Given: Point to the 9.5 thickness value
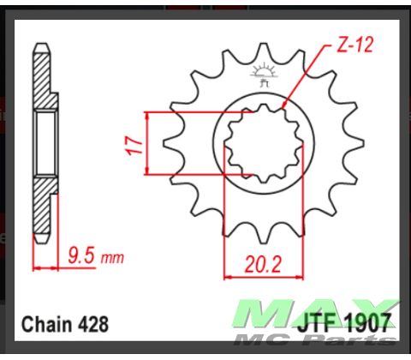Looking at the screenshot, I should click(x=81, y=255).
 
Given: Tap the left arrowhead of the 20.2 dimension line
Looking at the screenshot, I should click(x=228, y=276).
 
